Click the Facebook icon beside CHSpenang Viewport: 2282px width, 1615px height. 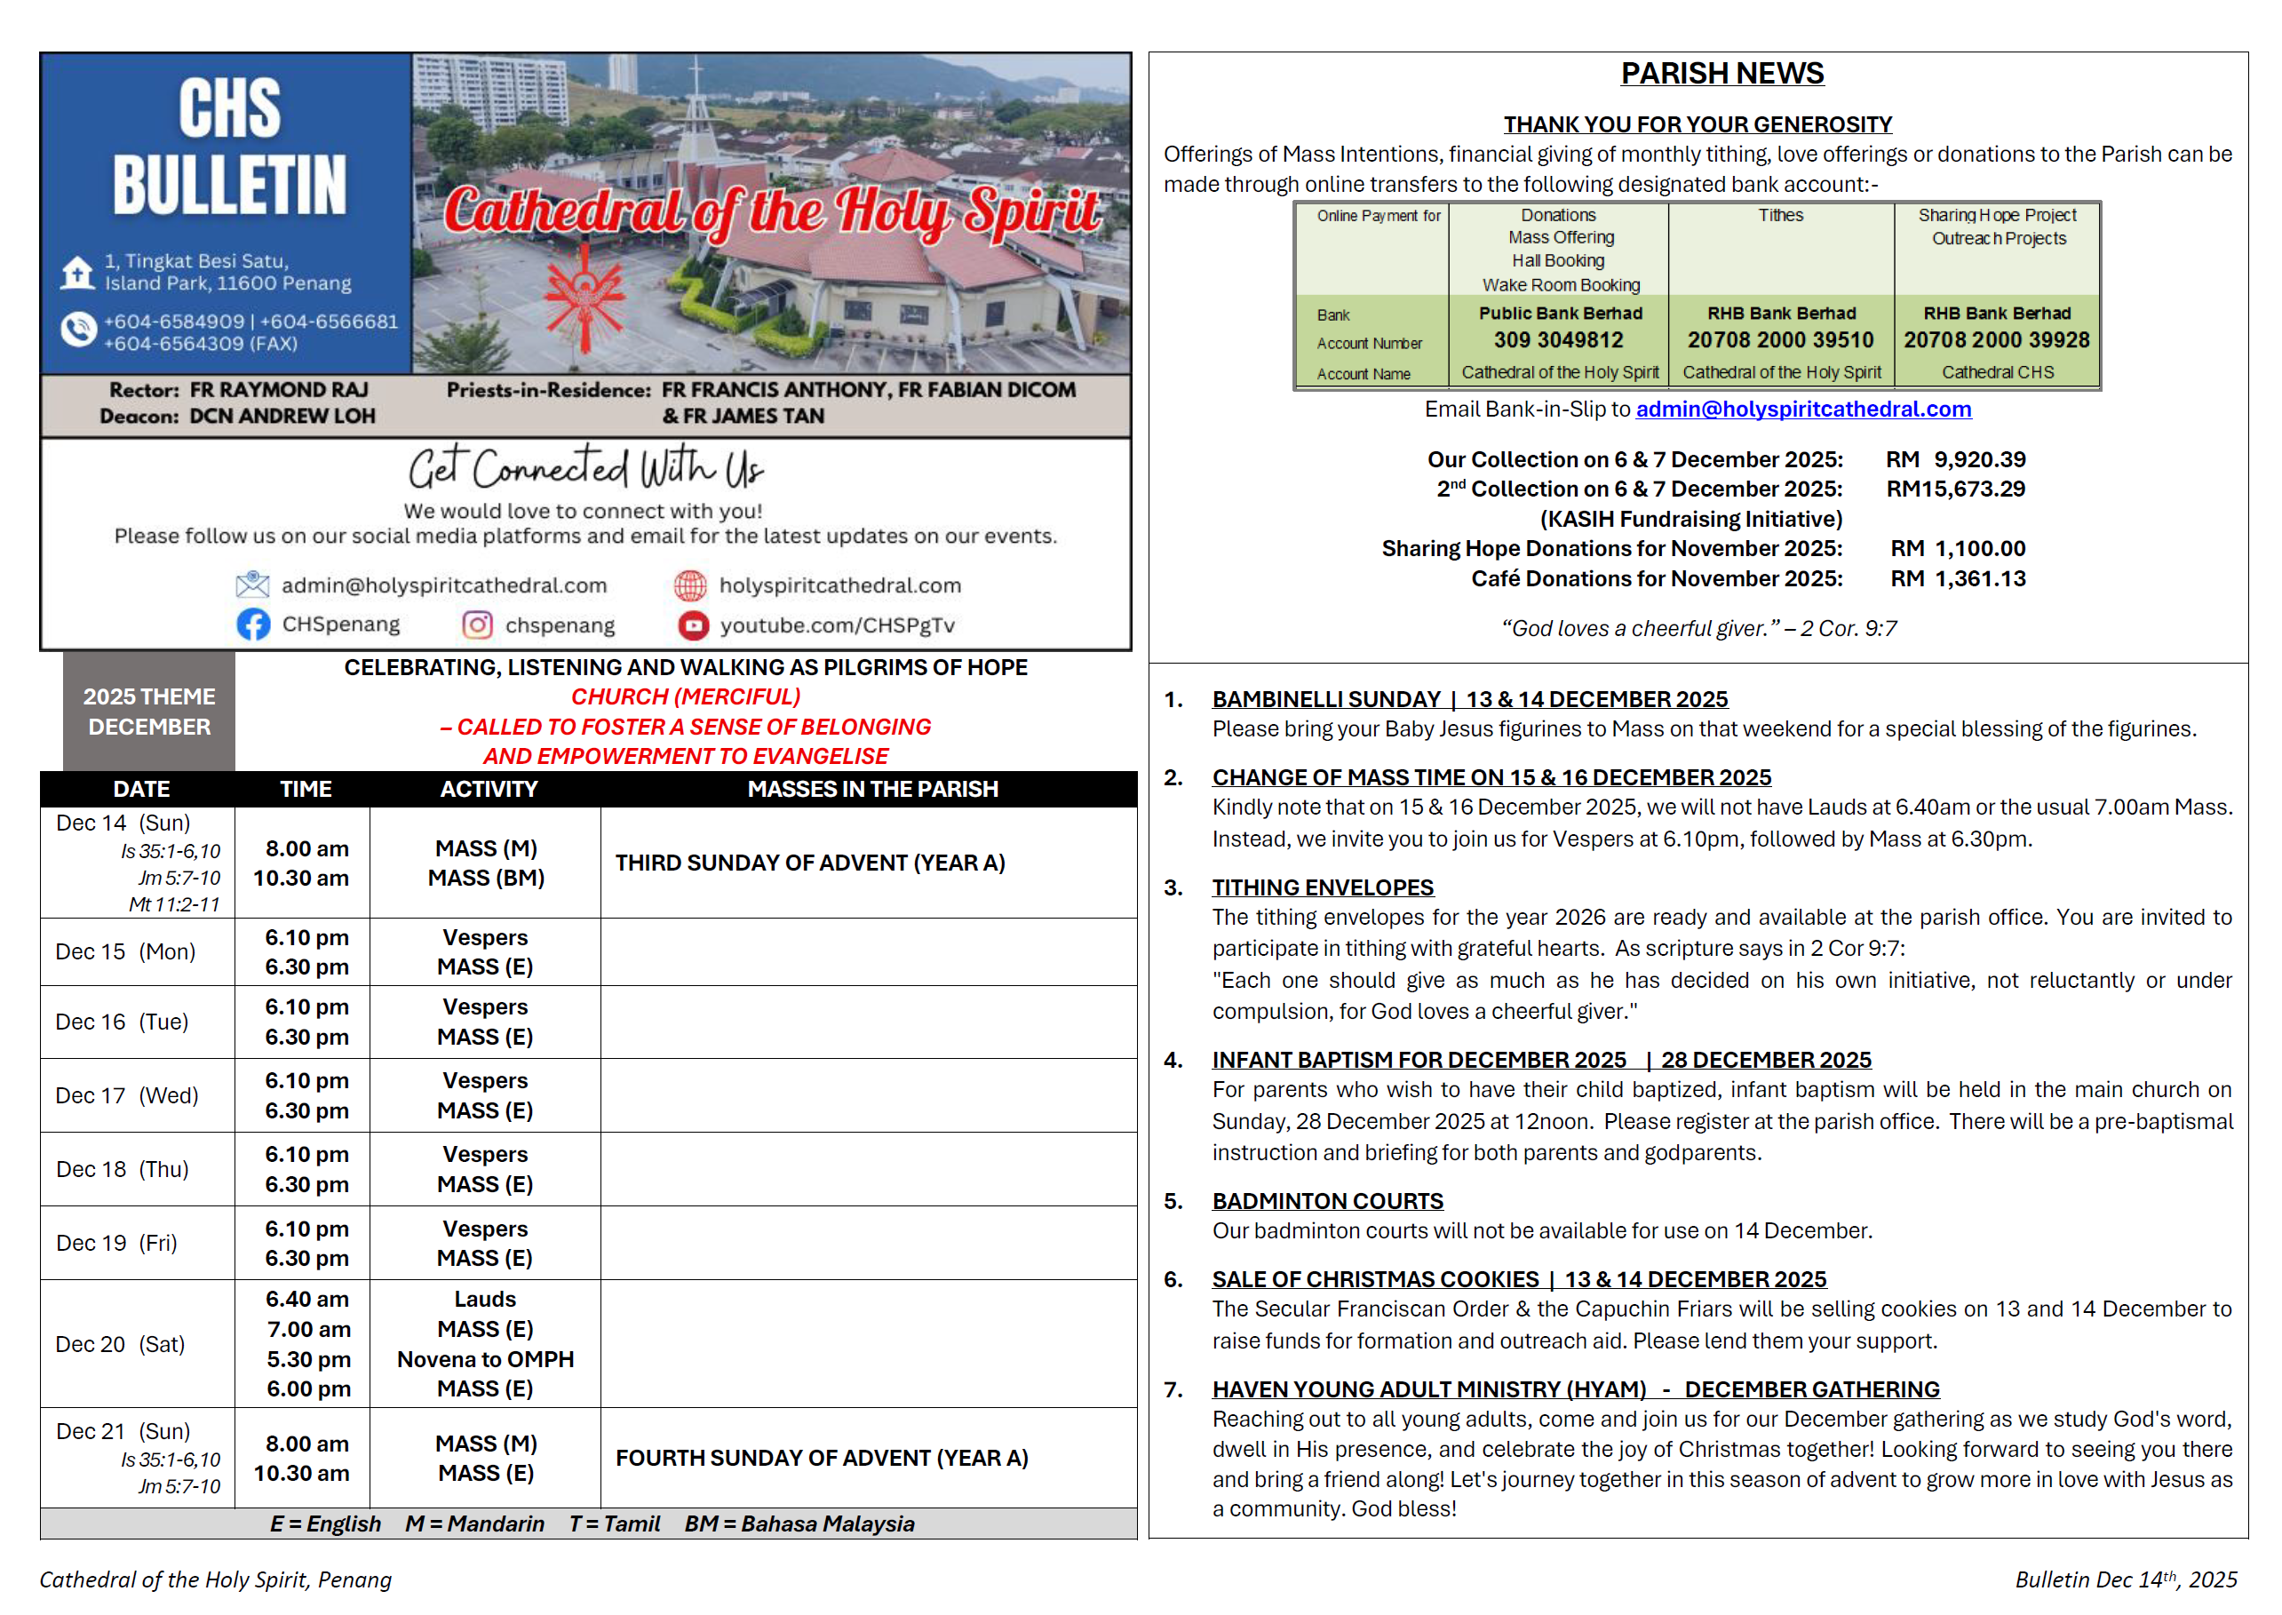point(252,625)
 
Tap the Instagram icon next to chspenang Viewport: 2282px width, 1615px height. point(477,625)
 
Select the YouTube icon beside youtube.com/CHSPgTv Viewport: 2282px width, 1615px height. point(693,625)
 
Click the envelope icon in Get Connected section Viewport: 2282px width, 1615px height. point(252,585)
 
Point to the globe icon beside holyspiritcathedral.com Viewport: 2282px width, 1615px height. point(690,585)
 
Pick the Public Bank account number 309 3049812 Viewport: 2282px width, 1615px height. point(1558,340)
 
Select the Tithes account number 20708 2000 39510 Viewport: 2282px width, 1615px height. point(1780,340)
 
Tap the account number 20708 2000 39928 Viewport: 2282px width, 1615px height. point(1996,340)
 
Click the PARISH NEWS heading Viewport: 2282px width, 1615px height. point(1722,74)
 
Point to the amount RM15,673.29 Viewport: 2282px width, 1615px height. point(1955,489)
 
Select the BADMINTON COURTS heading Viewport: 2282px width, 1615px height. point(1327,1201)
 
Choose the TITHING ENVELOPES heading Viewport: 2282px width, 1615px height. point(1323,887)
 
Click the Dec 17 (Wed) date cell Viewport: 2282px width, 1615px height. point(127,1096)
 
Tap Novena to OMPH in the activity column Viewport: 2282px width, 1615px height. point(485,1359)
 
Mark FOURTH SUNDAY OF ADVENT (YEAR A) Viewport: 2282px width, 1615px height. point(822,1458)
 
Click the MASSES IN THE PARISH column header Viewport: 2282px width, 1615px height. point(872,790)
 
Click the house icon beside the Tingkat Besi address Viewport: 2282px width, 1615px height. point(77,272)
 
